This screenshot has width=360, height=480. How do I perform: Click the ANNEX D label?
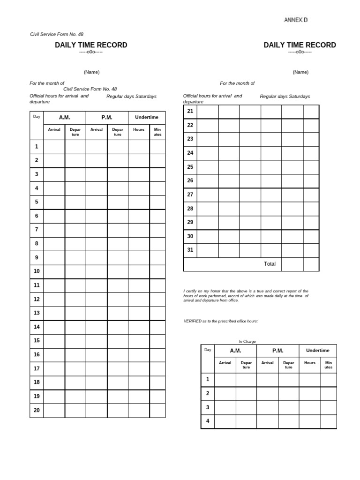tap(296, 20)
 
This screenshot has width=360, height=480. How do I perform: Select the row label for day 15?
tap(37, 340)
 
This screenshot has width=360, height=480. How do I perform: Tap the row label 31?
tap(190, 250)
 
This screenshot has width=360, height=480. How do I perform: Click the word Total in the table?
tap(270, 264)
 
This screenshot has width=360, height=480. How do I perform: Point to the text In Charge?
tap(247, 341)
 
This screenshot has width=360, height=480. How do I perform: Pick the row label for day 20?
tap(37, 410)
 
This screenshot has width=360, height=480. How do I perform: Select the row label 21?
tap(190, 111)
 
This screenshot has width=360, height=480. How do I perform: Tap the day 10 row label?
tap(37, 271)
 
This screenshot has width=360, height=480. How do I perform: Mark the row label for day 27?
tap(190, 195)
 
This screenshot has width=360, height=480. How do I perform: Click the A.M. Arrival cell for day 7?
tap(54, 230)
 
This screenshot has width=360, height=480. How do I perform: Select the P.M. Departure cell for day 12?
tap(118, 299)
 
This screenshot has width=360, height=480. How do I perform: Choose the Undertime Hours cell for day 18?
tap(139, 382)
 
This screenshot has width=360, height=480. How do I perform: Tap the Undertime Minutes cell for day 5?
tap(157, 202)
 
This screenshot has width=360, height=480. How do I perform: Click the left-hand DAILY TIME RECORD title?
tap(91, 45)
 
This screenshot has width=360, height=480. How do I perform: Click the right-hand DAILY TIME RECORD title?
tap(300, 45)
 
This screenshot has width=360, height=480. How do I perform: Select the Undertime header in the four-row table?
tap(317, 350)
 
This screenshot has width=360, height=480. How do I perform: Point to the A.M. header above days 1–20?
tap(64, 117)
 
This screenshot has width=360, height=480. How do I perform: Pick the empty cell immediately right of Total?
tap(292, 264)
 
